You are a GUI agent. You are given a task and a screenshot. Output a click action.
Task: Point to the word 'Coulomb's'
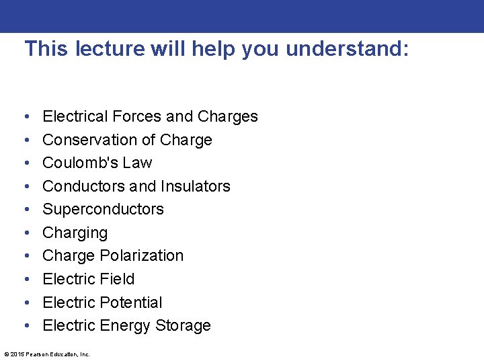point(76,163)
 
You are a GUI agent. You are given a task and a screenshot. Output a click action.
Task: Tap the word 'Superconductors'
point(103,209)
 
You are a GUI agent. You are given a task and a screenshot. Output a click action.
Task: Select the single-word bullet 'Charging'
point(75,233)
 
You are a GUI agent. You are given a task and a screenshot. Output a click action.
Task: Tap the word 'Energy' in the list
point(125,326)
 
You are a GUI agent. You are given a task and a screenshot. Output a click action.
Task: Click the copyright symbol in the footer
point(6,354)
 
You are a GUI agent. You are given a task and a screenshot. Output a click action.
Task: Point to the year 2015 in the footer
point(16,354)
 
